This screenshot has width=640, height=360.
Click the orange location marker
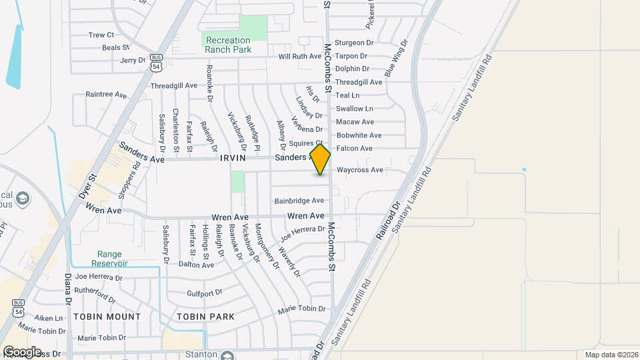(321, 159)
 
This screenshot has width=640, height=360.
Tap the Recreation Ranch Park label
(228, 45)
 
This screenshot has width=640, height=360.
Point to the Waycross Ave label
(360, 170)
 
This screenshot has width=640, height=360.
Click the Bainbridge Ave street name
(299, 201)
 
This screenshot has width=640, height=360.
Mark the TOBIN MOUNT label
(107, 316)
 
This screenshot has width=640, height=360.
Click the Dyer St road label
(88, 187)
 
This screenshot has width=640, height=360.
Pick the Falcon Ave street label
(354, 148)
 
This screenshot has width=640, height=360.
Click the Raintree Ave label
(106, 95)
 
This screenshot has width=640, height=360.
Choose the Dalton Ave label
(197, 265)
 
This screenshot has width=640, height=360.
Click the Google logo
(22, 351)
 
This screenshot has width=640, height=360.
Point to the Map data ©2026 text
(611, 355)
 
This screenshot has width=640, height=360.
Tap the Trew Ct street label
(101, 35)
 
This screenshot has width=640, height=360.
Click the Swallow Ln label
(354, 109)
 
